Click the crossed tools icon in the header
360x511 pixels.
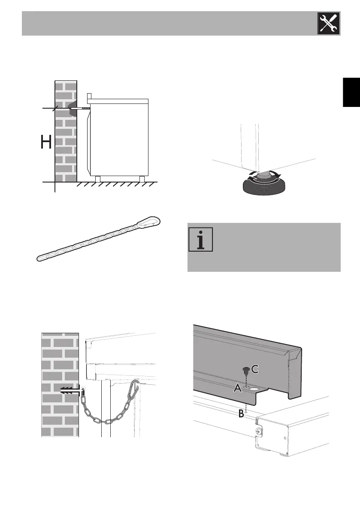pos(328,23)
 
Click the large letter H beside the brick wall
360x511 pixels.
pos(46,142)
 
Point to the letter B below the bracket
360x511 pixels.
pos(242,414)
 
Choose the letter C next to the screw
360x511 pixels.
pos(254,369)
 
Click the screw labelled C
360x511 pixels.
pos(245,370)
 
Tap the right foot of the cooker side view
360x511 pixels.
pos(141,178)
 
